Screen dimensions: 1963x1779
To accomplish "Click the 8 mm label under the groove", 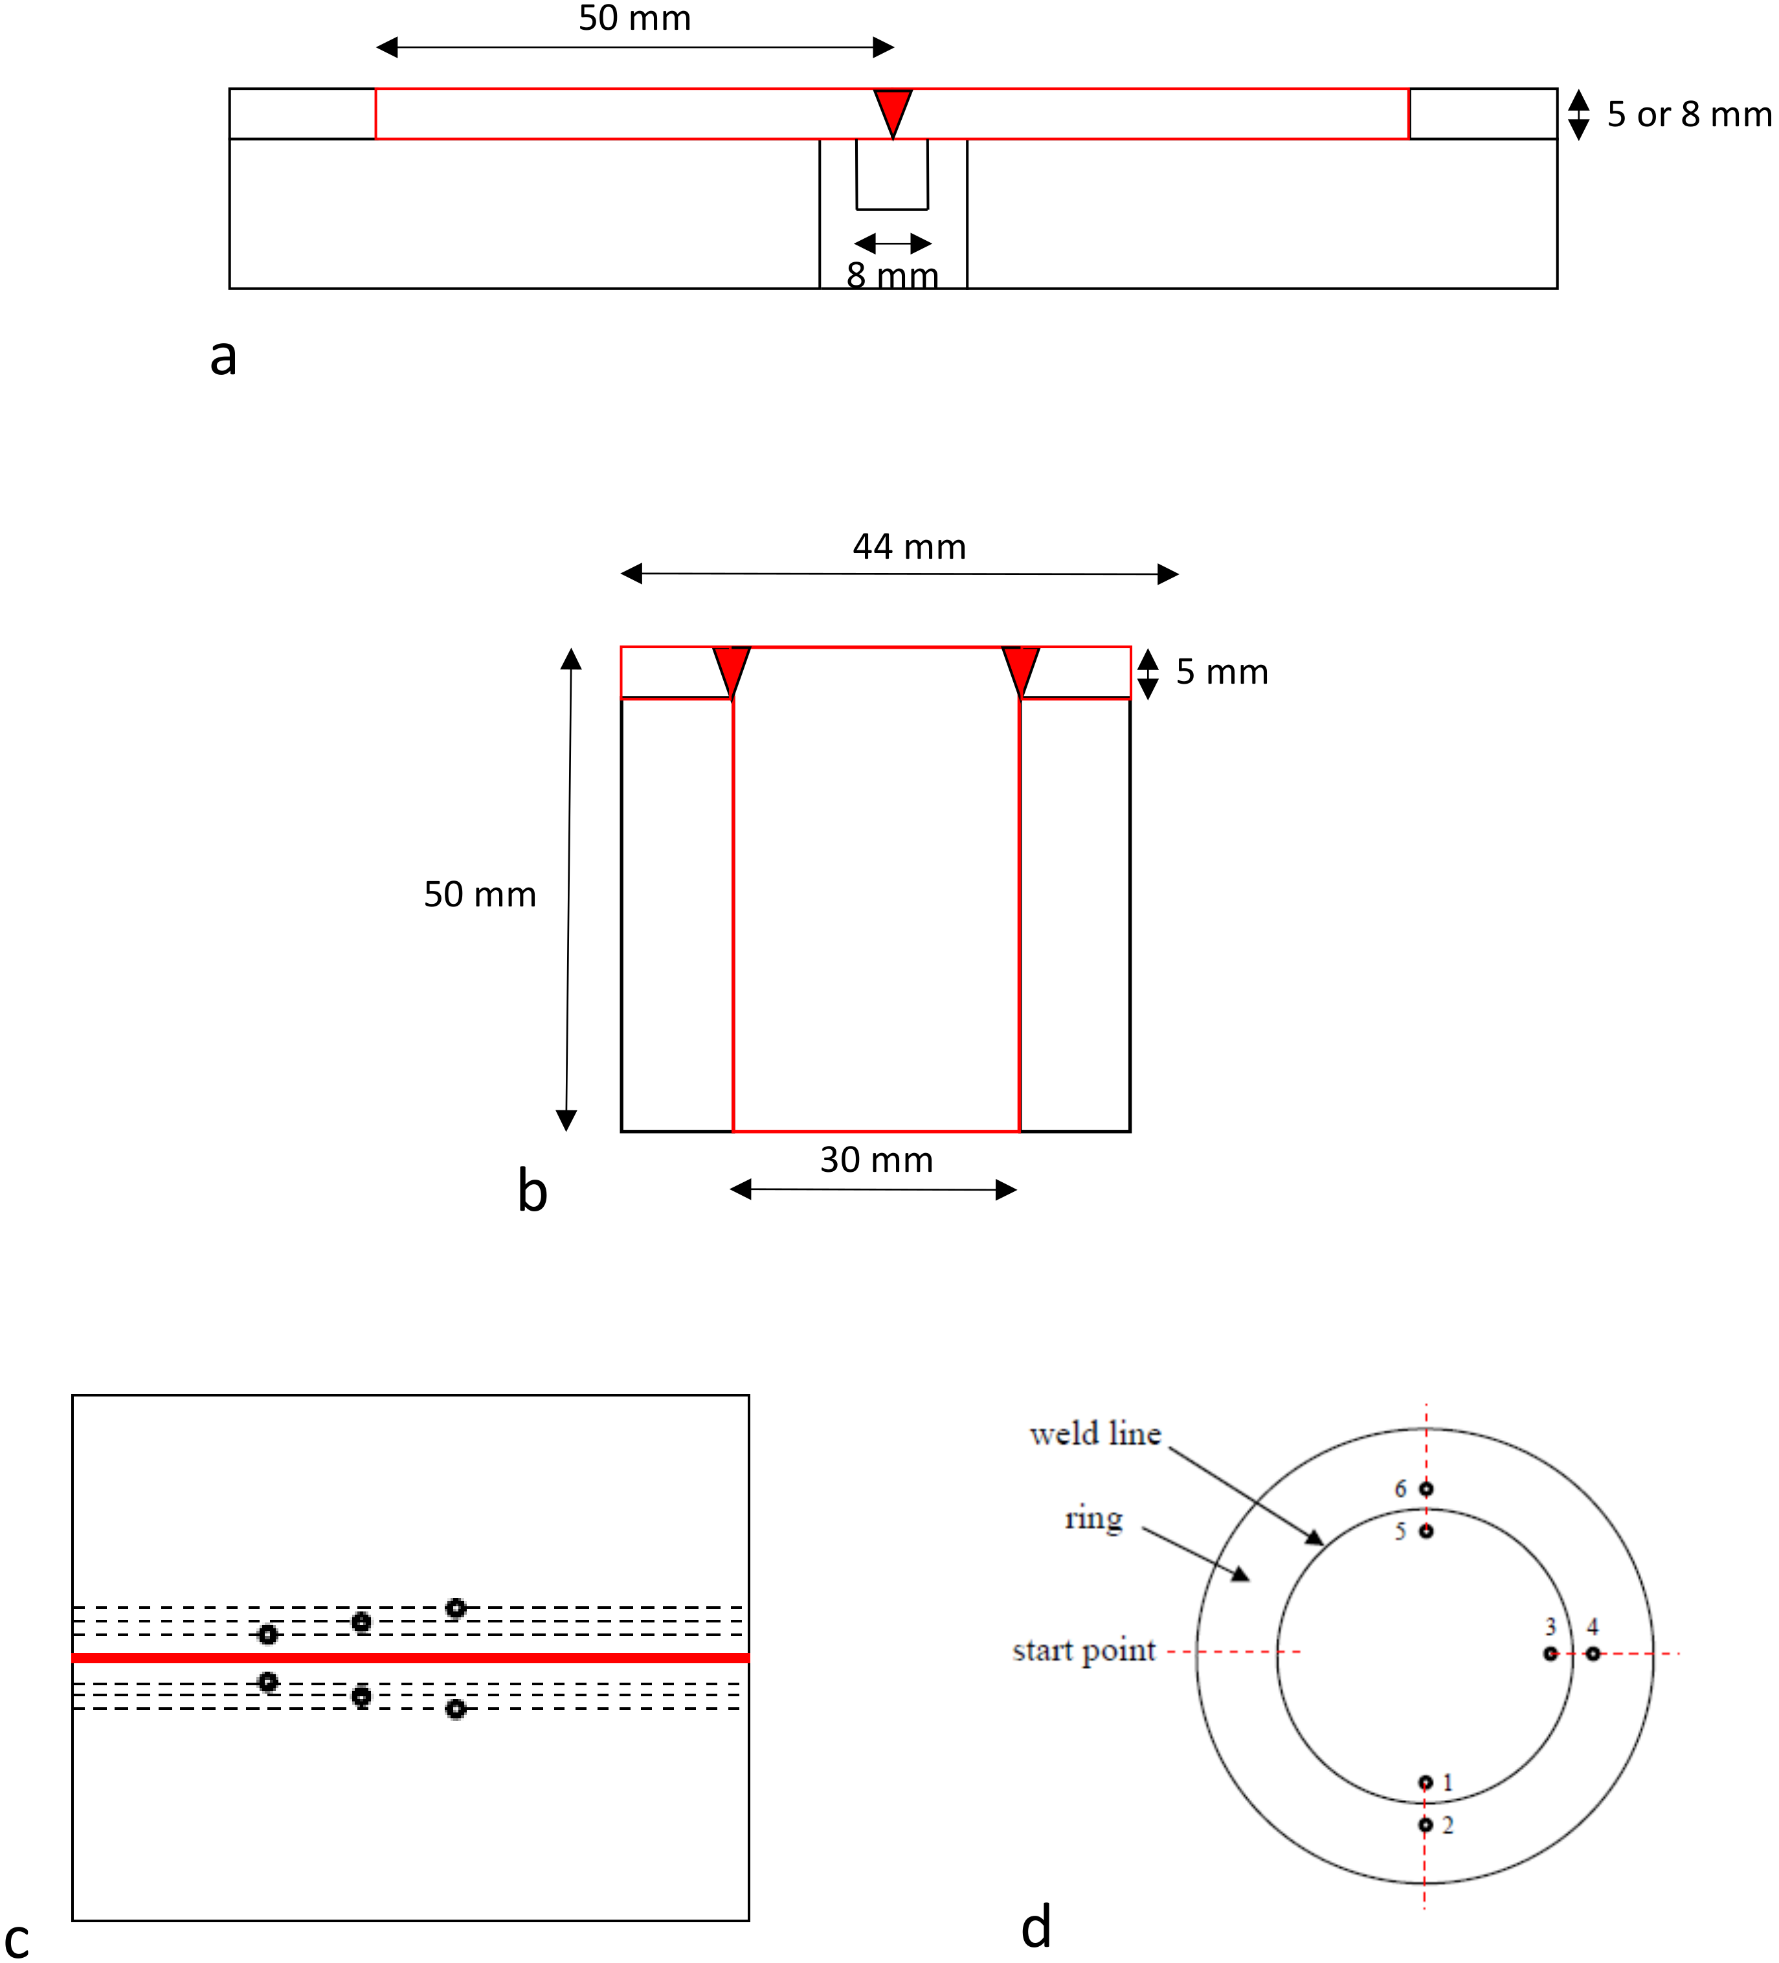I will [x=892, y=276].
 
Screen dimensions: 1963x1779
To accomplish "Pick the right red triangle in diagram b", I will [x=1020, y=667].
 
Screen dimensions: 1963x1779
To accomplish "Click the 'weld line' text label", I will [x=1095, y=1434].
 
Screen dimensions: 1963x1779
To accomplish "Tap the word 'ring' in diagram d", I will [x=1093, y=1518].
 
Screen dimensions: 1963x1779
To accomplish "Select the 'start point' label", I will [x=1083, y=1650].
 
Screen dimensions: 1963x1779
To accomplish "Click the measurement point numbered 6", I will [x=1426, y=1489].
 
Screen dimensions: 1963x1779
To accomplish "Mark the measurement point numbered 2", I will [x=1426, y=1824].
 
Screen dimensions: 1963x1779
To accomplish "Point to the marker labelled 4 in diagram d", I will [x=1592, y=1654].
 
